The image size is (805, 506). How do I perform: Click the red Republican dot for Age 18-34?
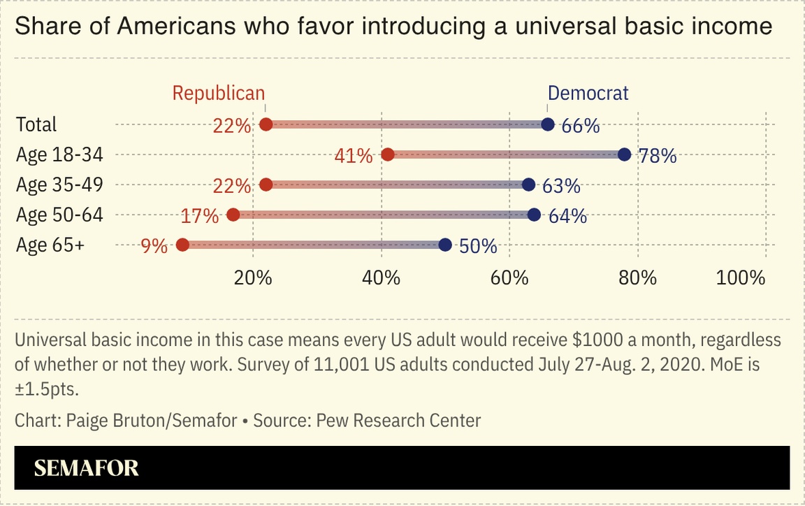(x=388, y=154)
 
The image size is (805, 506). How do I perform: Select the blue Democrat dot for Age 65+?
(x=445, y=245)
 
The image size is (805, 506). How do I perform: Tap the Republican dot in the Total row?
(x=266, y=124)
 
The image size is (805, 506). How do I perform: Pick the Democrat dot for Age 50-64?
(x=534, y=215)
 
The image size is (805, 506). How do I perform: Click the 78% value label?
(x=658, y=156)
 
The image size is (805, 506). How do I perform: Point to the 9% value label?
(x=154, y=246)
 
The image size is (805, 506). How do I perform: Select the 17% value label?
(x=200, y=216)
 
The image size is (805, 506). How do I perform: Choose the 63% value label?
(x=562, y=186)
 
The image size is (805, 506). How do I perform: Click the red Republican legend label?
(x=219, y=93)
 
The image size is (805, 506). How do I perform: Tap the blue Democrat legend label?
(x=588, y=93)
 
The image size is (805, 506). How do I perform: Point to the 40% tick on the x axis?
(x=382, y=277)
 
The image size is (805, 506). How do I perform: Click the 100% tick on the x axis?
(x=741, y=277)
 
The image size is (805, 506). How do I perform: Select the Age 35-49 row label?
(x=59, y=185)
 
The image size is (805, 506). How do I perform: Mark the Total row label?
(x=36, y=124)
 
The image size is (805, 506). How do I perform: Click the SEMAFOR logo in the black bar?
(x=87, y=468)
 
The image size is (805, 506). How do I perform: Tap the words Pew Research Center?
(x=398, y=421)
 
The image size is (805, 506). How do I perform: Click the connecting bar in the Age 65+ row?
(x=314, y=245)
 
